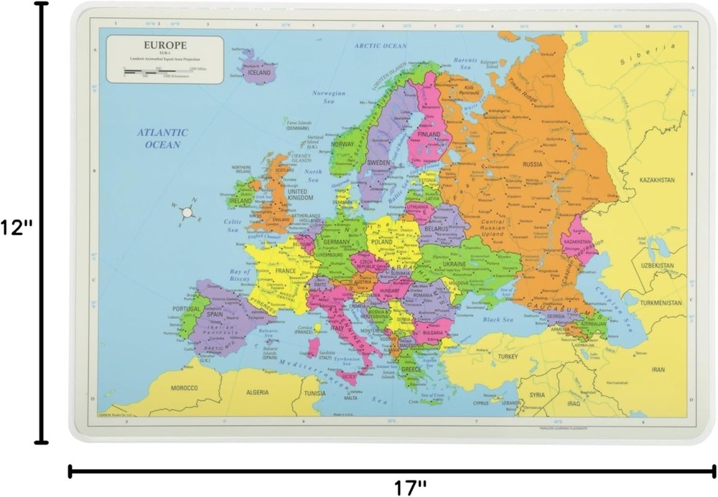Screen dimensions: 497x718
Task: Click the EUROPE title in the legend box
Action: tap(165, 44)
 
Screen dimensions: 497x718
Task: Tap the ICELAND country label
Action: tap(258, 72)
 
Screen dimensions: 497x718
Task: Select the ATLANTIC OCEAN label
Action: tap(163, 138)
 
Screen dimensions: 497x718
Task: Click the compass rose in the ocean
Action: tap(187, 212)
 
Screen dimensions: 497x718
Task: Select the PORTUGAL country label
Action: tap(186, 308)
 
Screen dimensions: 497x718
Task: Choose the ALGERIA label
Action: tap(256, 392)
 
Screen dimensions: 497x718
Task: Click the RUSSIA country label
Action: tap(532, 164)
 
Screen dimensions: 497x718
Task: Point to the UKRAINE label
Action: tap(454, 265)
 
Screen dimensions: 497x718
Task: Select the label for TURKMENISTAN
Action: tap(661, 303)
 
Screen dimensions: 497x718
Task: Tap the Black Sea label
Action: tap(495, 319)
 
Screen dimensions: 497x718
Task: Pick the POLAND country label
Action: tap(381, 242)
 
